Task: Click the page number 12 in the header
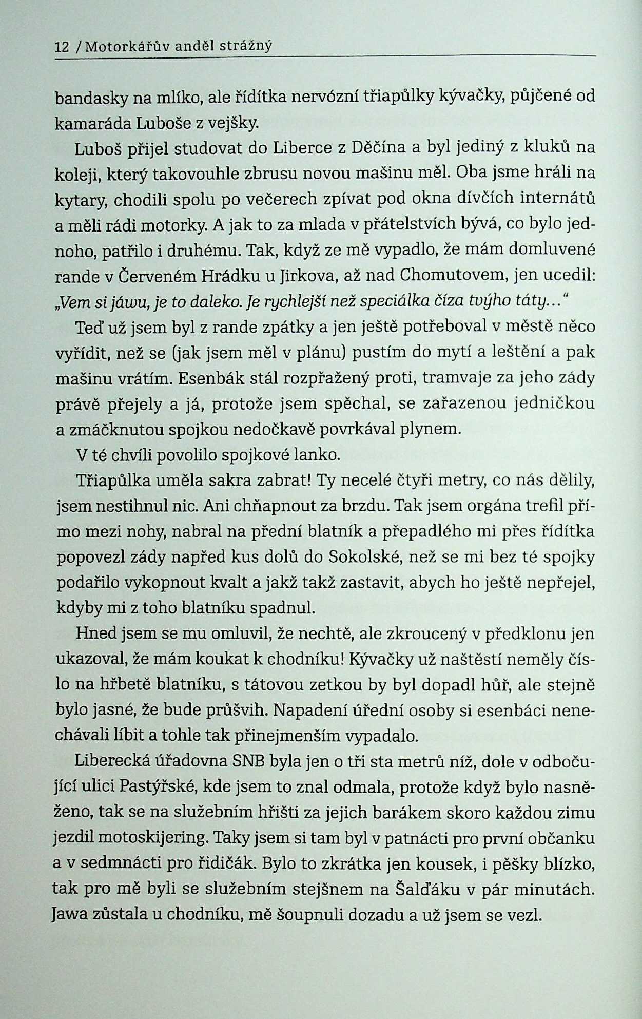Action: pos(62,47)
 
